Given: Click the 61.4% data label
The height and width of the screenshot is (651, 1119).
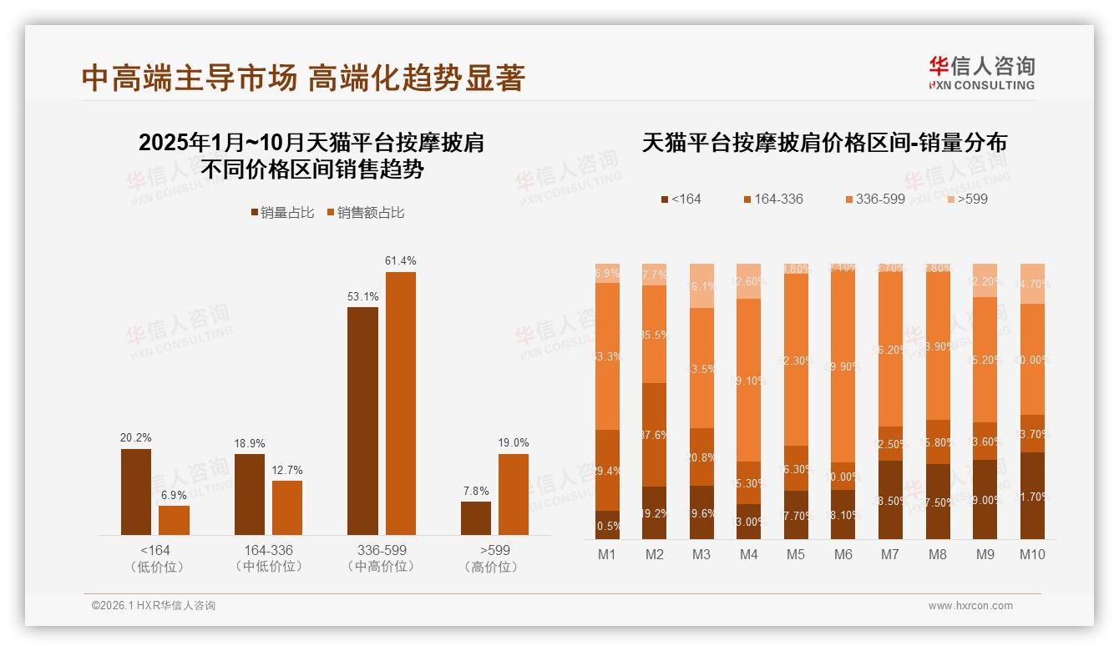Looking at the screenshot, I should [x=400, y=261].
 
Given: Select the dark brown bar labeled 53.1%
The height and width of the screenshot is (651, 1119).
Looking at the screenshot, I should [x=362, y=421].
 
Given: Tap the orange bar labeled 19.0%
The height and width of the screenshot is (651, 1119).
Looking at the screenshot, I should [x=513, y=494].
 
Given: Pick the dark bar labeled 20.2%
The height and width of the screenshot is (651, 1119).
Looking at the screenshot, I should [x=136, y=492].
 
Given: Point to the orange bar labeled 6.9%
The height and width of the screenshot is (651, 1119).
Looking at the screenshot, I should [x=174, y=520].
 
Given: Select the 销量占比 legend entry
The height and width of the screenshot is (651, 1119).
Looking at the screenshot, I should [x=282, y=213].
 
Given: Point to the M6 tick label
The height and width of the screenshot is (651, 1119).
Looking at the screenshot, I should [x=843, y=554].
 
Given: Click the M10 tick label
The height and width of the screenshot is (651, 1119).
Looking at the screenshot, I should [x=1032, y=554].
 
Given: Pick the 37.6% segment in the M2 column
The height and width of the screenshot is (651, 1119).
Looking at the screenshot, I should [x=655, y=434].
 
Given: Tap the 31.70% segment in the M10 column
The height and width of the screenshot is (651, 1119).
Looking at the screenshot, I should [x=1032, y=496].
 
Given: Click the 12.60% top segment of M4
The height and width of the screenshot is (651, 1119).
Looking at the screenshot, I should [x=749, y=281].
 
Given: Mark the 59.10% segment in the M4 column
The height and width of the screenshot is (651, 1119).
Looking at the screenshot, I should [x=749, y=380].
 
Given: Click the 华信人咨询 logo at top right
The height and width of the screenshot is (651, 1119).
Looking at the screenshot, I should [x=982, y=73].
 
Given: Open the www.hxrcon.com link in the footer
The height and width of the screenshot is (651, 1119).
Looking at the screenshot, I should [x=970, y=606].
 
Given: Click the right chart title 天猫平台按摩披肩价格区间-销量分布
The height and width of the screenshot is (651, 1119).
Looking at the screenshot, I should [x=824, y=143].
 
